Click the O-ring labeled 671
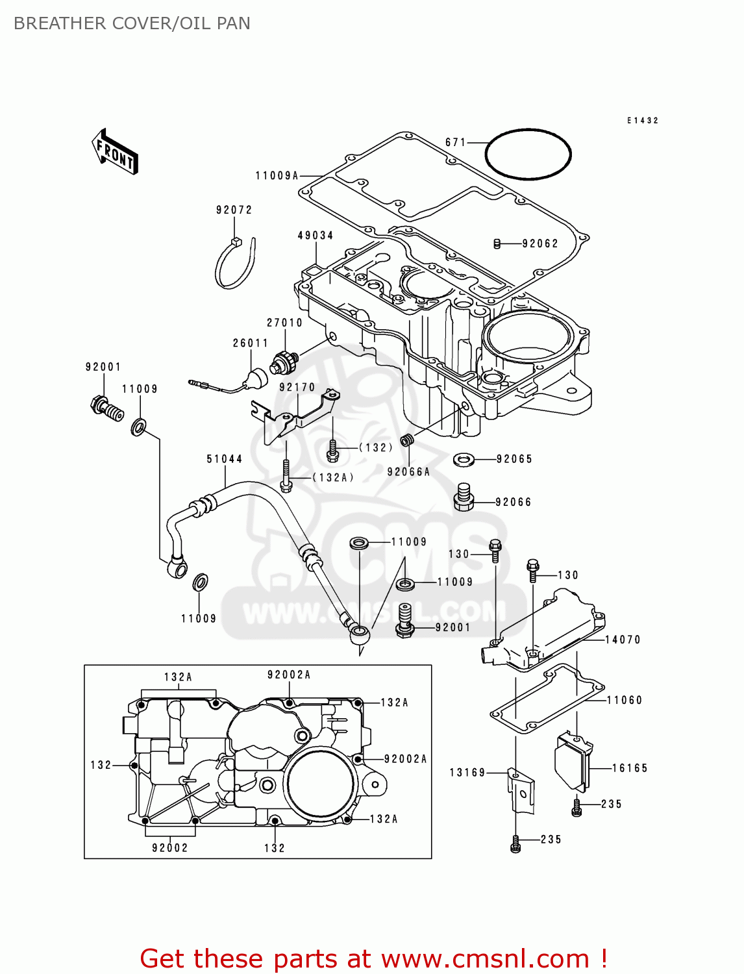pos(528,154)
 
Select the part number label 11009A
pos(277,176)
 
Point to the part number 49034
pos(316,236)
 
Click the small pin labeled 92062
pos(497,244)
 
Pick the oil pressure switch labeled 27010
pos(285,362)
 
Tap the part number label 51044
pos(225,460)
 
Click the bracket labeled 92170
pos(295,416)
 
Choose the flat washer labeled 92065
pos(464,460)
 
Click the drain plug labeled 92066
pos(463,497)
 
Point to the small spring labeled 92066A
pos(407,441)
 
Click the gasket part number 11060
pos(625,701)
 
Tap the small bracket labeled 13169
pos(521,792)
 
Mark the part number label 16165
pos(630,768)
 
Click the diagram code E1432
pos(643,121)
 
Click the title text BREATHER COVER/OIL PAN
pos(132,23)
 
